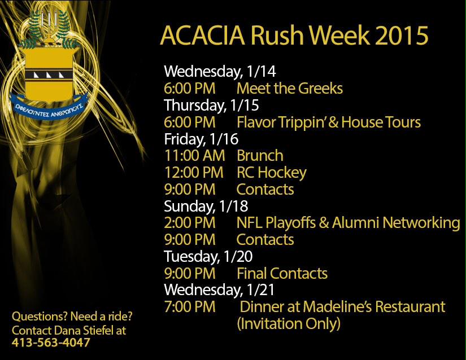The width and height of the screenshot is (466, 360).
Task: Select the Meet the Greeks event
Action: tap(289, 89)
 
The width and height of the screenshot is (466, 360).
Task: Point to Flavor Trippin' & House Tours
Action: tap(329, 122)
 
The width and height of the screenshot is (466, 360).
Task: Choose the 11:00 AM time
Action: tap(194, 155)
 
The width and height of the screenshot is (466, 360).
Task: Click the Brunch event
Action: tap(260, 155)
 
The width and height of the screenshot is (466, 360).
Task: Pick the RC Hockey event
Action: tap(271, 172)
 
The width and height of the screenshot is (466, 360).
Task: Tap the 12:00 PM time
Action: tap(194, 172)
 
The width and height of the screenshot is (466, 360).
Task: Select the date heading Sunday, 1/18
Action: tap(206, 206)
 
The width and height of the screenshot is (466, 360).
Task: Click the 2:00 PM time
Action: tap(190, 223)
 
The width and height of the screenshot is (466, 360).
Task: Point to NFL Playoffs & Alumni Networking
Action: tap(348, 223)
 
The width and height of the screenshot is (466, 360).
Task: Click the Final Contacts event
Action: tap(282, 274)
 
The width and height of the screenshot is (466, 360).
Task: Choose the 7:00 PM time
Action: tap(190, 307)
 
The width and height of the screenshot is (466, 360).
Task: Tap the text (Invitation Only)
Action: tap(289, 324)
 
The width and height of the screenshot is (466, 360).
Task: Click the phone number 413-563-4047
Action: tap(51, 343)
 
